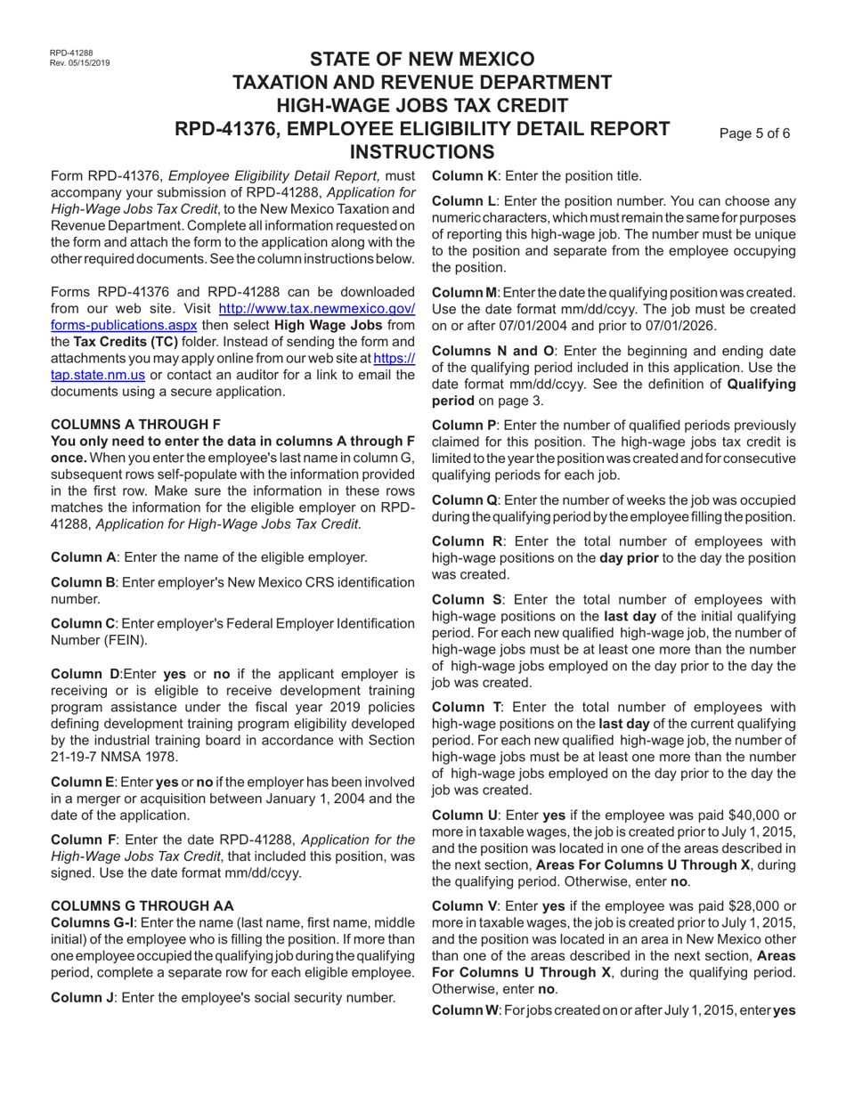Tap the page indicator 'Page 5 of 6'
[x=754, y=134]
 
